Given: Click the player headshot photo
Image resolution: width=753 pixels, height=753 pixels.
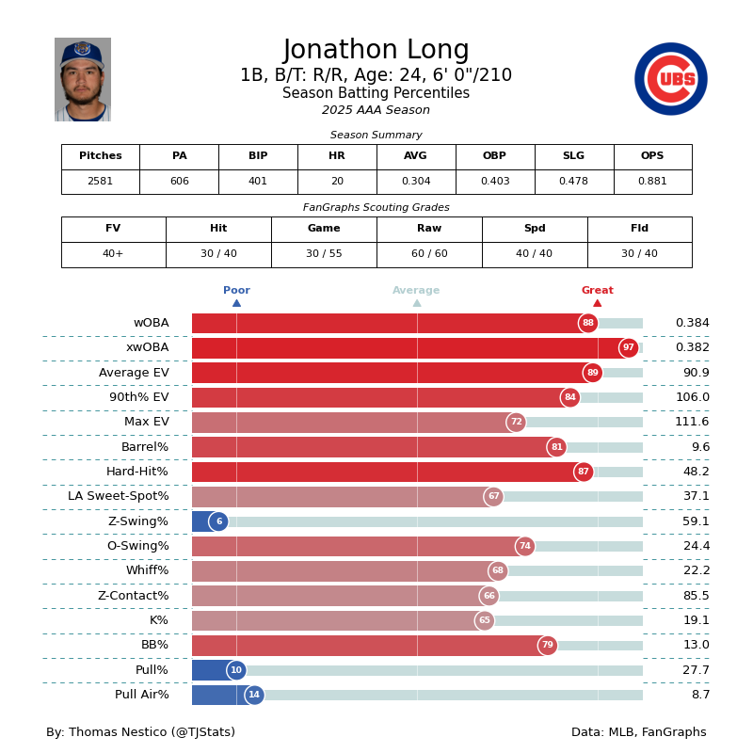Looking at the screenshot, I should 83,79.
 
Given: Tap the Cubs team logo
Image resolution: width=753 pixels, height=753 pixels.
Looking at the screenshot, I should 670,79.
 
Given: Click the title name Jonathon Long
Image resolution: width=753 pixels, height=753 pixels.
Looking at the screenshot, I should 376,51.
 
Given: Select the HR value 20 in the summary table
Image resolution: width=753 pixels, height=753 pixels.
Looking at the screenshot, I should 337,182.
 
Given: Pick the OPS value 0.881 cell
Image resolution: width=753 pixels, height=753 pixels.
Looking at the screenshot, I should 652,182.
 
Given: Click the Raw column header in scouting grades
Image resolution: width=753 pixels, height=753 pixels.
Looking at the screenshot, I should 429,229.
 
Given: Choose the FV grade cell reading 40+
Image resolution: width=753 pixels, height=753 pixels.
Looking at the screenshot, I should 113,254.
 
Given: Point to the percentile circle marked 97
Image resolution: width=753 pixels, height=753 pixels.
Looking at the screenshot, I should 629,348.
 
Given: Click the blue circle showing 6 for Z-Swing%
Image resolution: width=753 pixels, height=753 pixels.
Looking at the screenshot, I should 218,521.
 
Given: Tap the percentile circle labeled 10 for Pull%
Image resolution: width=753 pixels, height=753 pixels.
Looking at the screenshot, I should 236,670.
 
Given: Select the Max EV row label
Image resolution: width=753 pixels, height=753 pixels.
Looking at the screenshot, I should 146,423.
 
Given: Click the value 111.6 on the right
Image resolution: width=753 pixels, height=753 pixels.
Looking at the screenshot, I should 692,423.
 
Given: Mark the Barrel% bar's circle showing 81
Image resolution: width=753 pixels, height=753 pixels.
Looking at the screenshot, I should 556,447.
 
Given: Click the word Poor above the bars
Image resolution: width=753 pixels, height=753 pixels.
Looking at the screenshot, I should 236,291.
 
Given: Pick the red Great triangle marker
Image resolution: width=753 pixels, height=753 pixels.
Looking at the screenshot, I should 598,303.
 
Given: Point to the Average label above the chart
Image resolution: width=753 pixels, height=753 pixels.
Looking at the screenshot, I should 416,291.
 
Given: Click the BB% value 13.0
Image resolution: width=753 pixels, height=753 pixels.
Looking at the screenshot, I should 696,646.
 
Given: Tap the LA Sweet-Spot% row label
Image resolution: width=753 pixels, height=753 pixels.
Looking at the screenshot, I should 119,497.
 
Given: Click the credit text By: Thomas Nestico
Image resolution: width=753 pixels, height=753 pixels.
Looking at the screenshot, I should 140,732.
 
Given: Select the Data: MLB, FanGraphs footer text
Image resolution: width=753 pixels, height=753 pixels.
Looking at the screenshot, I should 638,732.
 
